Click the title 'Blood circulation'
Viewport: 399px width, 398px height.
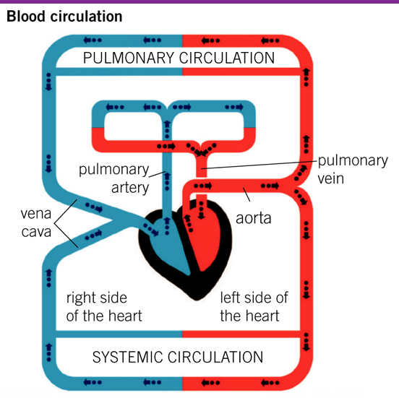point(64,17)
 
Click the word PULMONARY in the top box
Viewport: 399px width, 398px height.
point(129,58)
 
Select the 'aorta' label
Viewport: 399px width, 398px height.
point(254,218)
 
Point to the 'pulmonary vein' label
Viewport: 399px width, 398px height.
point(353,169)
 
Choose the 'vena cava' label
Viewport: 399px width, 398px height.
point(36,222)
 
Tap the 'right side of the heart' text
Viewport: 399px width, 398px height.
point(104,307)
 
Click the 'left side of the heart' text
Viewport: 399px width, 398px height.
point(254,307)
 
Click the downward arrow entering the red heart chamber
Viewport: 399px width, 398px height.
point(201,210)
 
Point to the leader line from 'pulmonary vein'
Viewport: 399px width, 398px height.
point(259,165)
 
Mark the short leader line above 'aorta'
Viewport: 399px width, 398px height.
point(246,194)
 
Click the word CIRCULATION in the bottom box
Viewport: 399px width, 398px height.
point(215,357)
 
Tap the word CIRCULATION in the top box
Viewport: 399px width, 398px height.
point(227,58)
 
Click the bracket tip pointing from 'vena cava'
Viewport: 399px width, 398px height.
point(54,223)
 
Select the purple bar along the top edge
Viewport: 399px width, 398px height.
point(199,1)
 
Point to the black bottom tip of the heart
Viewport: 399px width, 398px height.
point(197,298)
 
